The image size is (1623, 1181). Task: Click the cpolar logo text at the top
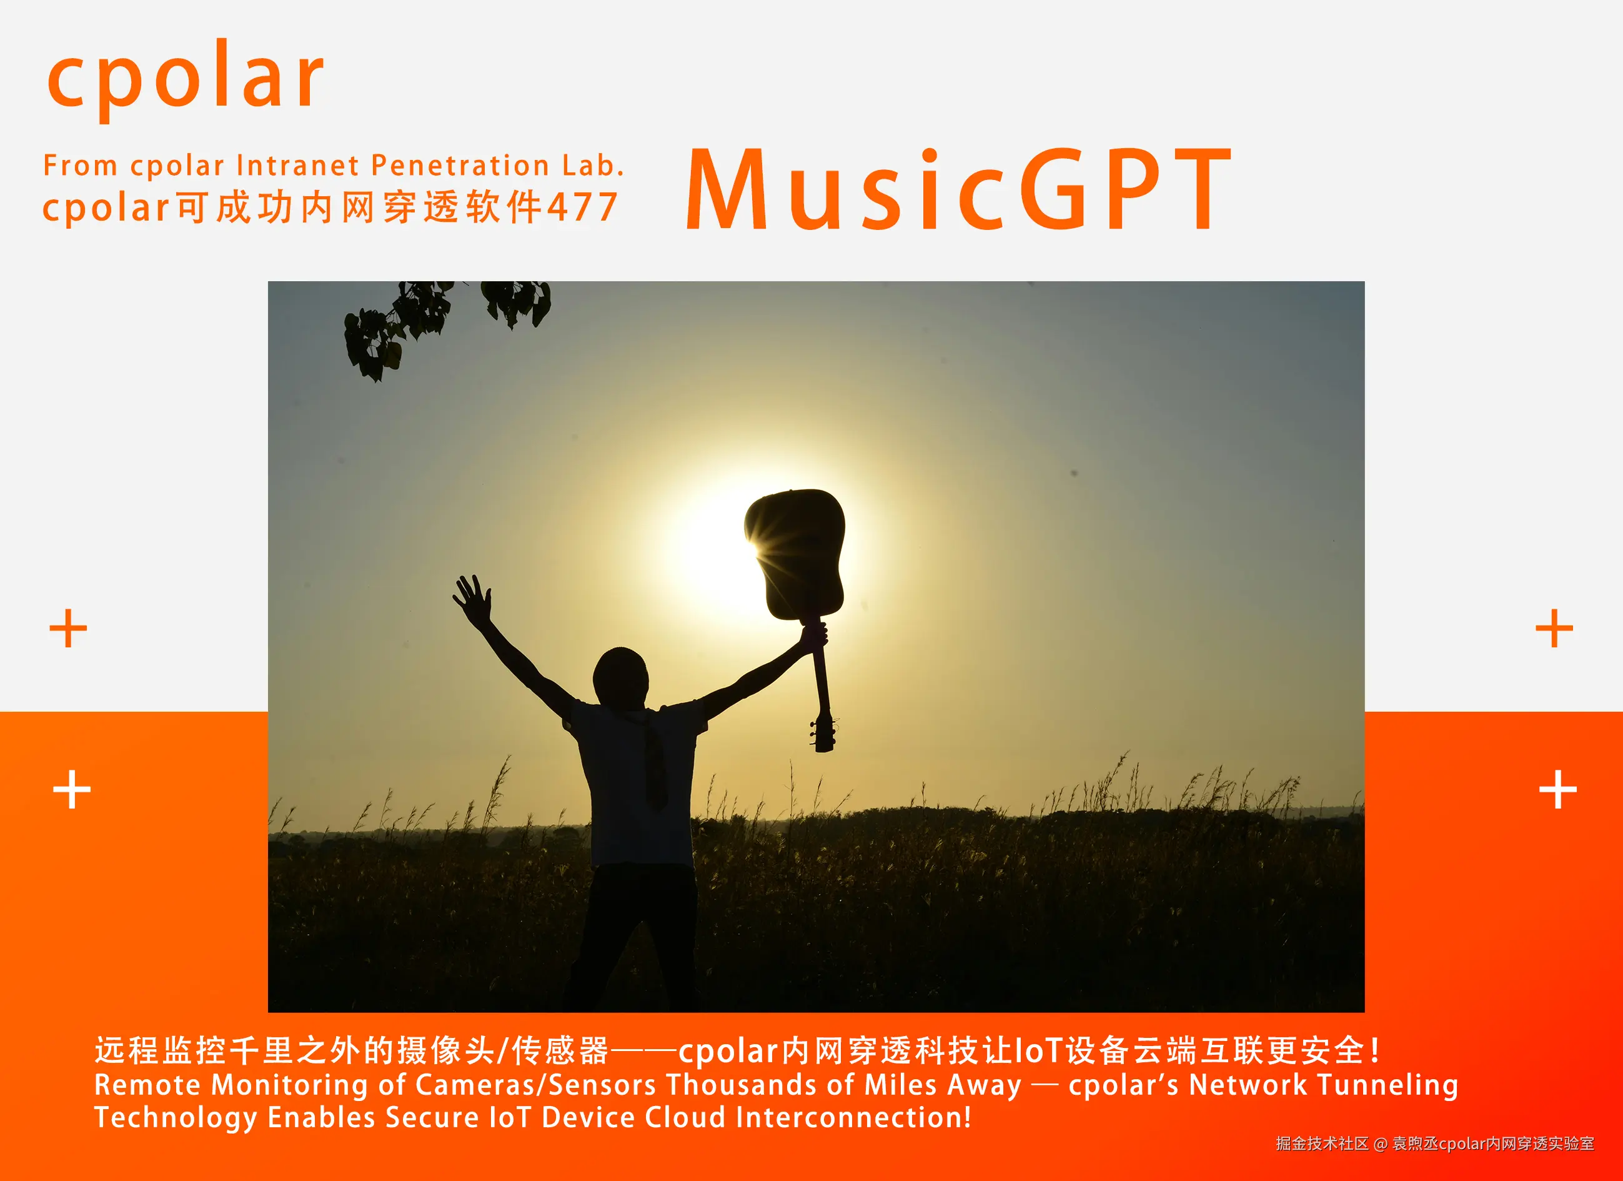pyautogui.click(x=186, y=77)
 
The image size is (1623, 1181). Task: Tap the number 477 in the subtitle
pyautogui.click(x=582, y=207)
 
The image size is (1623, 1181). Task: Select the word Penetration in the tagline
pyautogui.click(x=461, y=166)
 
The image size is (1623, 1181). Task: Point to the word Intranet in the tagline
pyautogui.click(x=297, y=166)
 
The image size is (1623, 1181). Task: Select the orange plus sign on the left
pyautogui.click(x=68, y=629)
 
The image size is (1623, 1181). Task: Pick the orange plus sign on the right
pyautogui.click(x=1554, y=629)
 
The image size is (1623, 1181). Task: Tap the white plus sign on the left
pyautogui.click(x=72, y=789)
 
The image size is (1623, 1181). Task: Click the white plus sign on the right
pyautogui.click(x=1558, y=789)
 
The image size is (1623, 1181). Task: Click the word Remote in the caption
pyautogui.click(x=147, y=1085)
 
